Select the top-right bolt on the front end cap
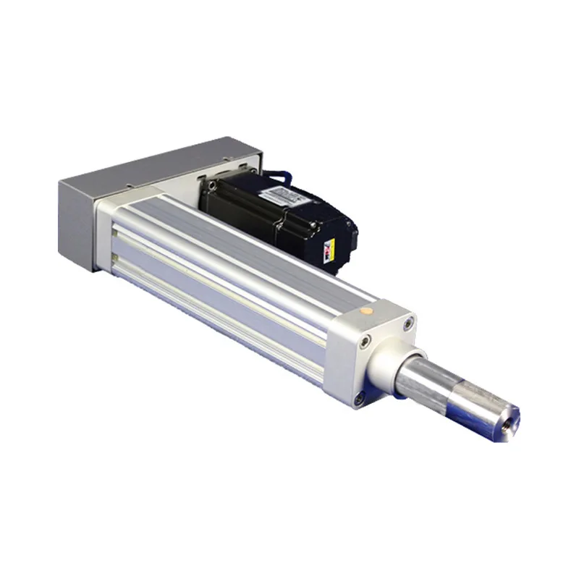[x=410, y=323]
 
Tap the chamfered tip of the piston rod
[x=507, y=415]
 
